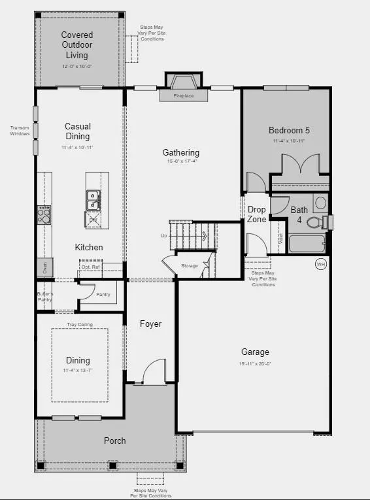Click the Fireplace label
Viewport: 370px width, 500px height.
click(x=184, y=95)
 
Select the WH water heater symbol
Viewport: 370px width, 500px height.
click(x=320, y=264)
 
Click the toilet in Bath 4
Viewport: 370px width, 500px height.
click(x=315, y=222)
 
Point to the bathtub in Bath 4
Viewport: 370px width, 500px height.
click(x=306, y=244)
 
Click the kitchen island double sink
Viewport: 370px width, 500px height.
click(x=93, y=200)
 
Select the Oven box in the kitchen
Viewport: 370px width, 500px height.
click(x=45, y=267)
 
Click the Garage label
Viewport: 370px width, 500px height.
click(x=254, y=352)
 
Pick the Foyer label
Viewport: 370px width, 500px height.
click(x=150, y=324)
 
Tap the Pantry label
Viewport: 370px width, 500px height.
click(x=103, y=295)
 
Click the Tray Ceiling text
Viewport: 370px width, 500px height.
click(x=80, y=324)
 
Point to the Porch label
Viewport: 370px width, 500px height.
click(x=114, y=441)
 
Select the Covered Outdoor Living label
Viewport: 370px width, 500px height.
click(x=77, y=45)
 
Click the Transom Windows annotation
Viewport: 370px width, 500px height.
click(x=20, y=131)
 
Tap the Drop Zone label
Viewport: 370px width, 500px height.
click(x=256, y=214)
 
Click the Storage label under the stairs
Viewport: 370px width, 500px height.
click(x=190, y=266)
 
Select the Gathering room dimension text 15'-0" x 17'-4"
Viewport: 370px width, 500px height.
click(x=180, y=161)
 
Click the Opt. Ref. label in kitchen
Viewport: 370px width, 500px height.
click(x=91, y=267)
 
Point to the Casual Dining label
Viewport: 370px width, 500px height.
click(x=77, y=131)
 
